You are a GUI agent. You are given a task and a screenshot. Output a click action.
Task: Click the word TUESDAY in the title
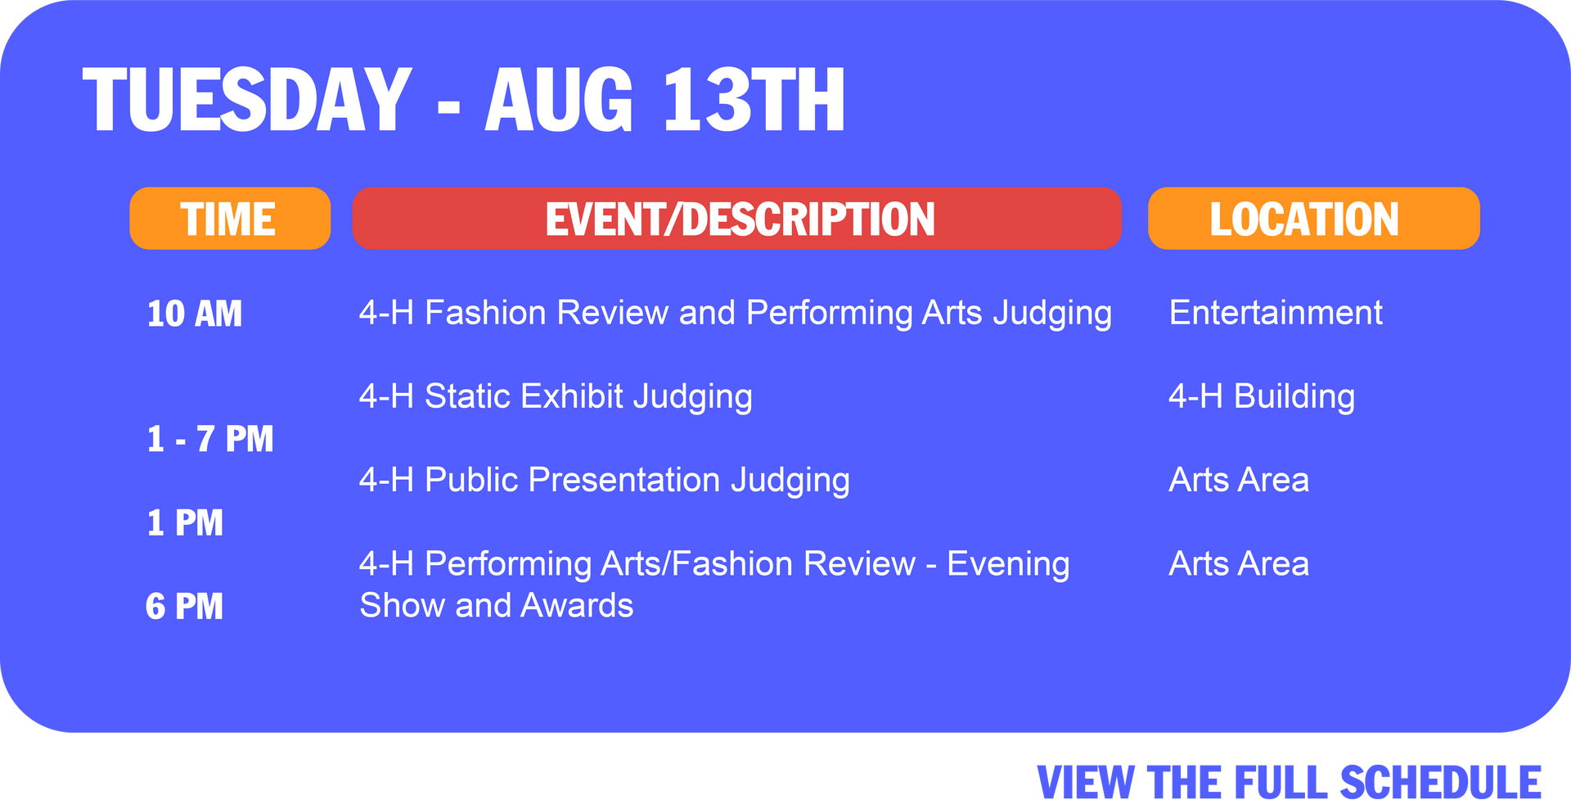247,100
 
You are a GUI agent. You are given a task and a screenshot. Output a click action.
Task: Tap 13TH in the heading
754,100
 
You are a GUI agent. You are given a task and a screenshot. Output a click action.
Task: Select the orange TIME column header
230,219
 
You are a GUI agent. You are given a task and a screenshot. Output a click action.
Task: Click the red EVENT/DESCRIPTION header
737,219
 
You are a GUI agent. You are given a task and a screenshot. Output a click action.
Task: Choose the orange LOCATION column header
1314,219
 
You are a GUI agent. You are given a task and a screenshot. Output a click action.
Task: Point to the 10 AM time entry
195,314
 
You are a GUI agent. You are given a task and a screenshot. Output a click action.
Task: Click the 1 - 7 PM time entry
210,440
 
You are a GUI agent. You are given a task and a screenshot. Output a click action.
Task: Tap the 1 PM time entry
185,523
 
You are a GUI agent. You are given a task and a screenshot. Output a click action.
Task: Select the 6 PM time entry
184,607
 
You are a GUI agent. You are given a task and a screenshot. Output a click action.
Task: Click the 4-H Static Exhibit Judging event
556,397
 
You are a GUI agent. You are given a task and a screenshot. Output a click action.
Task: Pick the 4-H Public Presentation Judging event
605,481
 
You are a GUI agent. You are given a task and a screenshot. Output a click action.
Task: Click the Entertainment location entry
1276,313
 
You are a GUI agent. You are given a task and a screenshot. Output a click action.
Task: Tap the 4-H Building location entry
1262,397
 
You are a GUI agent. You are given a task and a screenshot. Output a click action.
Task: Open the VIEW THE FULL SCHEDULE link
1290,783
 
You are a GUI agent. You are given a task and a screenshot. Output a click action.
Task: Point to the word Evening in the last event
1008,565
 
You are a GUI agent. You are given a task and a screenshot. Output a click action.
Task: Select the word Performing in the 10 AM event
829,314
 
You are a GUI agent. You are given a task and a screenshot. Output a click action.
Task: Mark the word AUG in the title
560,100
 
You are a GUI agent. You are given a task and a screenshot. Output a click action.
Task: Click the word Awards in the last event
577,606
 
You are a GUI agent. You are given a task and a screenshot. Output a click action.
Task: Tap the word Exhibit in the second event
572,396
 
